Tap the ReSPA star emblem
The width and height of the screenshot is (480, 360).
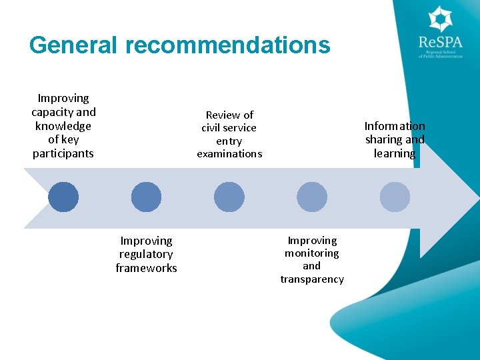[x=440, y=19]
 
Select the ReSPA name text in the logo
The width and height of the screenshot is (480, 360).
[x=440, y=43]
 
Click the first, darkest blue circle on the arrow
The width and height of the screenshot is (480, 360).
[x=63, y=197]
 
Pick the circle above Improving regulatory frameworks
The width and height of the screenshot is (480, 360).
[x=146, y=197]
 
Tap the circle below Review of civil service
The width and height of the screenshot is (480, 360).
[x=229, y=197]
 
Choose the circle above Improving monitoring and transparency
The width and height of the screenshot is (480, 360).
[x=311, y=197]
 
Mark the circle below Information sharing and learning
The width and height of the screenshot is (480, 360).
[x=395, y=197]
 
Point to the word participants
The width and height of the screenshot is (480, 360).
[x=63, y=153]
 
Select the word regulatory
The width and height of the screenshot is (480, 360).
[x=146, y=254]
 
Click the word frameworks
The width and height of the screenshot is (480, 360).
[x=146, y=268]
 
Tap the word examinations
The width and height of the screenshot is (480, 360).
[x=229, y=154]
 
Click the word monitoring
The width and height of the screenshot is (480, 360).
[x=311, y=253]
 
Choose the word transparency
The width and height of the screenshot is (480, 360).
[x=312, y=279]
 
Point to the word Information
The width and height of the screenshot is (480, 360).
[x=395, y=126]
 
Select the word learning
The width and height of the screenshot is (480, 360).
[x=395, y=153]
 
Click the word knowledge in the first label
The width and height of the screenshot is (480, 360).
[x=63, y=126]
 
